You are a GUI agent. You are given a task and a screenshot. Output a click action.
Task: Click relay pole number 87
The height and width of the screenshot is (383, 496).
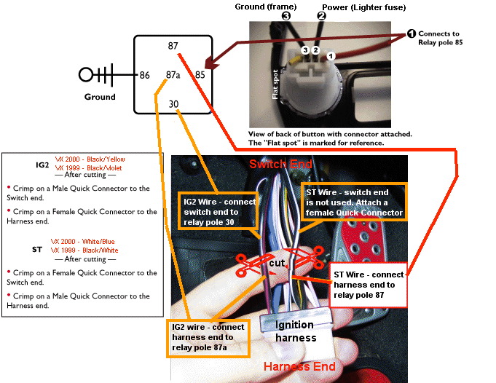click(x=173, y=46)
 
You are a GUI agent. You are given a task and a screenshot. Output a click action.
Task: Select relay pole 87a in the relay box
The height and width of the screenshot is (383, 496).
click(x=173, y=74)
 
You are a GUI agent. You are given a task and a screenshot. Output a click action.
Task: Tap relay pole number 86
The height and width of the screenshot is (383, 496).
click(x=145, y=74)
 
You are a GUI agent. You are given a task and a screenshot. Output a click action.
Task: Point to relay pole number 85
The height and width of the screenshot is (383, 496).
click(x=200, y=74)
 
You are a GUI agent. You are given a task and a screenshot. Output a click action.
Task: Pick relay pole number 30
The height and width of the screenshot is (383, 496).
click(x=173, y=103)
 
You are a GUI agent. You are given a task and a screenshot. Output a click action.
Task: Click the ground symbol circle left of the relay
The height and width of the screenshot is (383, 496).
click(x=87, y=74)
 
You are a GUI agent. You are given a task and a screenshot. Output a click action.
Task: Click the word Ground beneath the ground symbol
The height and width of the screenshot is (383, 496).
click(x=100, y=97)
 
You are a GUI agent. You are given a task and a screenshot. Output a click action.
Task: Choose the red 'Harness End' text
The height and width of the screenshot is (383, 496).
click(x=299, y=366)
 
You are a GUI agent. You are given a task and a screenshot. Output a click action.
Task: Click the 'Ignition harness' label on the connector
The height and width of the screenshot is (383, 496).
click(x=295, y=331)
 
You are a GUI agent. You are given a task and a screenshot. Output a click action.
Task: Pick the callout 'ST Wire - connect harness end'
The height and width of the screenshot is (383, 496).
click(x=367, y=285)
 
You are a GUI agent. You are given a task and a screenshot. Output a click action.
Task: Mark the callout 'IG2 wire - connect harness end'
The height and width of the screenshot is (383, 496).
click(x=207, y=338)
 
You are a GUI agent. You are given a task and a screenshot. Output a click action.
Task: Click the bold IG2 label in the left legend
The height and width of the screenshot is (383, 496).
click(x=42, y=165)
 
